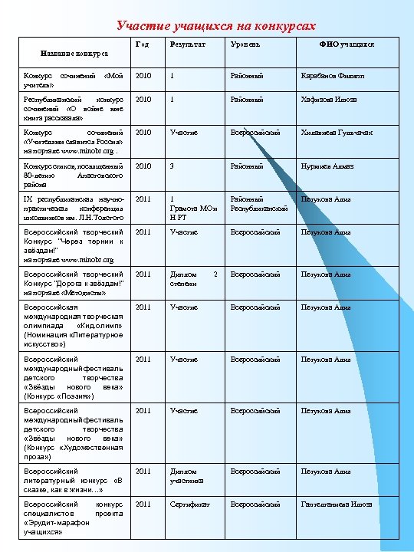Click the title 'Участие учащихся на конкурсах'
pos(216,26)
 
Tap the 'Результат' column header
pos(188,45)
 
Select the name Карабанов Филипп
pos(330,77)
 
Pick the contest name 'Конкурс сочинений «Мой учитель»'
pos(74,80)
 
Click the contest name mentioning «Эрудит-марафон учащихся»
pos(74,517)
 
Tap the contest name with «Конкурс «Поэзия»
pos(74,377)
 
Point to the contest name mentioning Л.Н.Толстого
pos(74,207)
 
